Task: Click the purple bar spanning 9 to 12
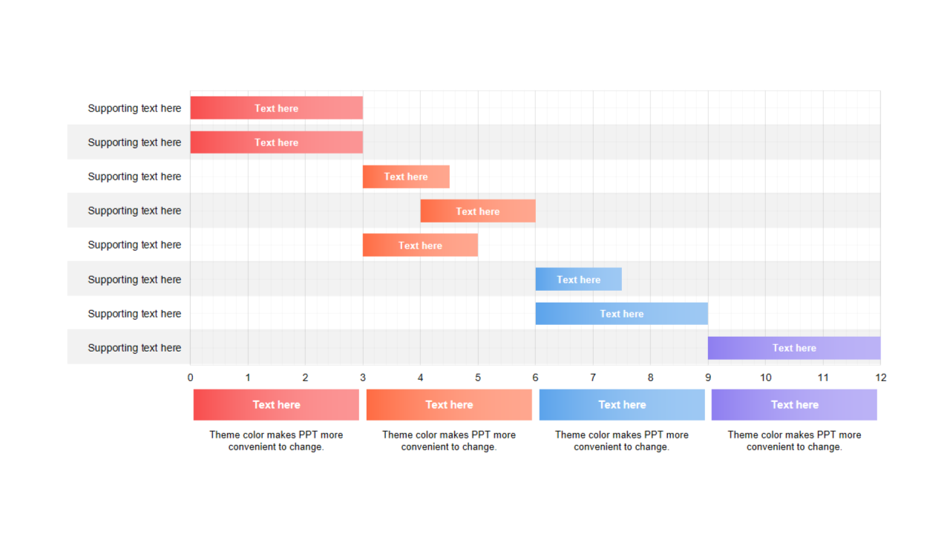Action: point(794,348)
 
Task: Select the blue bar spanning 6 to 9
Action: point(622,314)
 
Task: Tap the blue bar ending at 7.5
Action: point(578,280)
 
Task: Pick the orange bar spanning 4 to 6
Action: point(478,211)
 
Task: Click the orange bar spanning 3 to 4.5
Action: point(406,177)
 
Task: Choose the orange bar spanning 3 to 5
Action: point(420,245)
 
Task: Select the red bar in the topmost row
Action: point(276,108)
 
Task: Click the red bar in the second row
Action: point(276,142)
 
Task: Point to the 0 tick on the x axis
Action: point(190,378)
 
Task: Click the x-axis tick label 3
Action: point(363,378)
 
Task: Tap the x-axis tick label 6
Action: point(535,378)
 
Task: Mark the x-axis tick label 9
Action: point(708,378)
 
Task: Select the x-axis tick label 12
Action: point(880,378)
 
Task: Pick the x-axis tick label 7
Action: point(593,378)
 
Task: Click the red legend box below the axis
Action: point(276,405)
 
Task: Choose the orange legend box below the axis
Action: point(449,405)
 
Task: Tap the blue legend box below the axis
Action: point(622,405)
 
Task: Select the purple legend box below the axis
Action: point(794,405)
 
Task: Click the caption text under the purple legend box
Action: point(794,441)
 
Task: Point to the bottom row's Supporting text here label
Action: point(134,348)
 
